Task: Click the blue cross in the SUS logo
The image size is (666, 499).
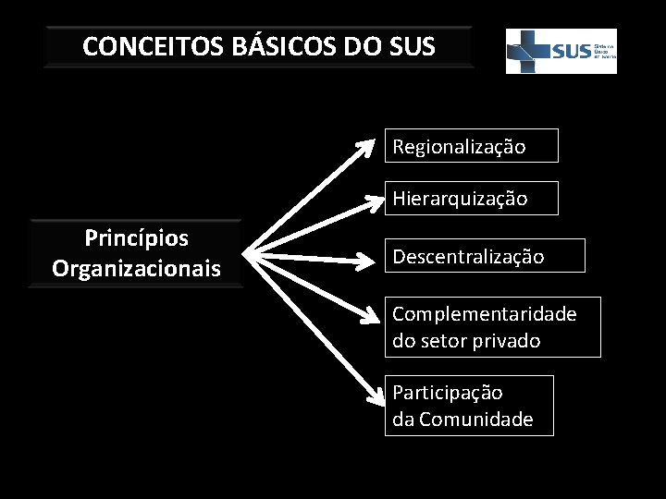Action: [x=530, y=50]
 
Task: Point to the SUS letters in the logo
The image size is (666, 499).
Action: [x=571, y=52]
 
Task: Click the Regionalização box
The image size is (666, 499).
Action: [x=472, y=146]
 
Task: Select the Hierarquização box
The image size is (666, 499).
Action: [x=472, y=199]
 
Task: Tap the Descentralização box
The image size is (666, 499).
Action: [x=486, y=256]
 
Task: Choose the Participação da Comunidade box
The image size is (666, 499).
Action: [x=469, y=406]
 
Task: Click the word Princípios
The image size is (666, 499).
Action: [x=136, y=238]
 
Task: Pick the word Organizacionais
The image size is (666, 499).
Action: [x=136, y=269]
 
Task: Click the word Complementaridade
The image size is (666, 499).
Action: [x=484, y=314]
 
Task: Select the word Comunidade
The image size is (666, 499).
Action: [x=475, y=420]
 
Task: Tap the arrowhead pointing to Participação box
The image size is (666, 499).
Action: [x=375, y=398]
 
